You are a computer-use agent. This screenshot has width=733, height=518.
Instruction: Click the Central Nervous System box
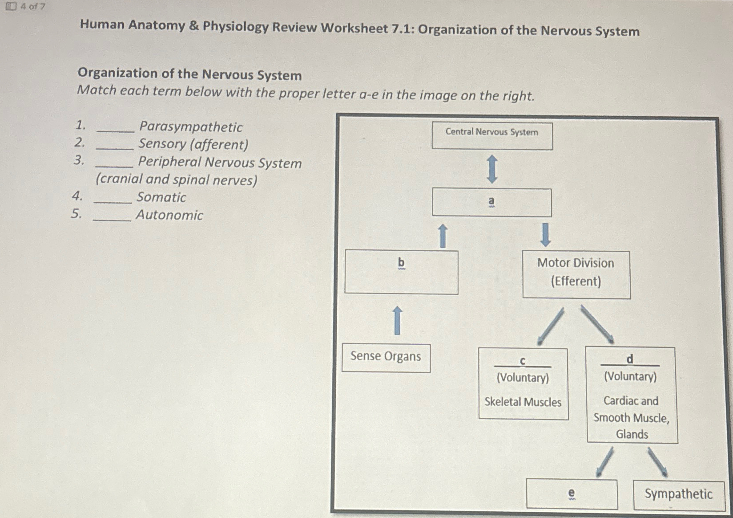click(492, 136)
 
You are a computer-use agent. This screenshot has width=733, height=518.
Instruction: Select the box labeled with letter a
click(491, 203)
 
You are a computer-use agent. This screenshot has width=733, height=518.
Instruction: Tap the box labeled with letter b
click(401, 272)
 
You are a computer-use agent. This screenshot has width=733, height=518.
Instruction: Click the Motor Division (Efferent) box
click(576, 274)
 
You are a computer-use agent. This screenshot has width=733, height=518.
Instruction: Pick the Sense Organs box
click(386, 358)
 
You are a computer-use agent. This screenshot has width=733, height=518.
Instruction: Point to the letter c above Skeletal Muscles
click(523, 361)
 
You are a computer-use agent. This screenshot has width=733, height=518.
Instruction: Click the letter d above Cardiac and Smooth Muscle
click(629, 359)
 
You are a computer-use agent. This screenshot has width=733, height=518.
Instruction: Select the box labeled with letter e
click(572, 494)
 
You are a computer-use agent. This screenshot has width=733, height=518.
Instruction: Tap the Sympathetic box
click(678, 494)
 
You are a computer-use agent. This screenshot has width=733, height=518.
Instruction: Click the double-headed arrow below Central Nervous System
click(492, 169)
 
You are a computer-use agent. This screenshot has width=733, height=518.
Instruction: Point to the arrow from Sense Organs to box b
click(398, 320)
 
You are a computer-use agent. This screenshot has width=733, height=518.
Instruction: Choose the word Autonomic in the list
click(169, 215)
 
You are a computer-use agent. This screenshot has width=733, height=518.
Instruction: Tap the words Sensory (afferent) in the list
click(193, 144)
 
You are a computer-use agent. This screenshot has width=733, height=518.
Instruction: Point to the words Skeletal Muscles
click(523, 402)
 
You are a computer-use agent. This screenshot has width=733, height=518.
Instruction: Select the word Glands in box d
click(632, 434)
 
